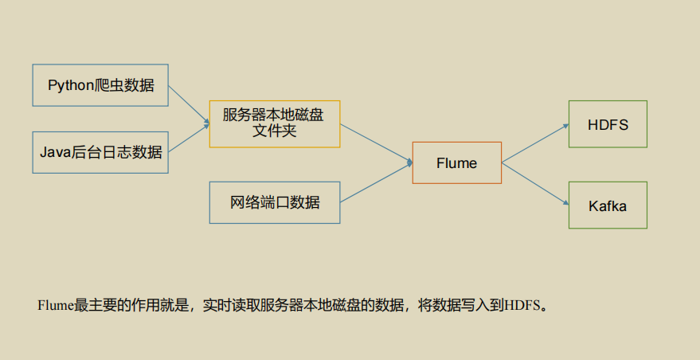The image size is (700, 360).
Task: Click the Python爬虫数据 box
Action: point(100,85)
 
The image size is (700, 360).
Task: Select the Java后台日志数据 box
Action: point(100,151)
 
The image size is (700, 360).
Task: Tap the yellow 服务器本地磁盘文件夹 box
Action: point(275,123)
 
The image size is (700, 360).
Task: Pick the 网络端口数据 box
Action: point(275,202)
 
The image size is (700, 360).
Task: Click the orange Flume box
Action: point(456,163)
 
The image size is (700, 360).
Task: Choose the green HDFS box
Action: point(608,124)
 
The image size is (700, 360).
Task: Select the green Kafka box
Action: point(608,205)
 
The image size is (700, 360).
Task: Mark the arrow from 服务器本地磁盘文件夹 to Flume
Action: point(376,143)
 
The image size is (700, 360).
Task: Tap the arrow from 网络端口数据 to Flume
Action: point(376,182)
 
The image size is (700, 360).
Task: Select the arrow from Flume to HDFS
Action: point(534,143)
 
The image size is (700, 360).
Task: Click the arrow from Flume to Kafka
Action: point(534,183)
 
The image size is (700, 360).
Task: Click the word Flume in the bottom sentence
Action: point(55,304)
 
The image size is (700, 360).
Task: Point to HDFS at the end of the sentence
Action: point(522,304)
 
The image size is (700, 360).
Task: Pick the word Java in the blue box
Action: point(53,151)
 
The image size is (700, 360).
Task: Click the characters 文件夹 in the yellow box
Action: point(275,131)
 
